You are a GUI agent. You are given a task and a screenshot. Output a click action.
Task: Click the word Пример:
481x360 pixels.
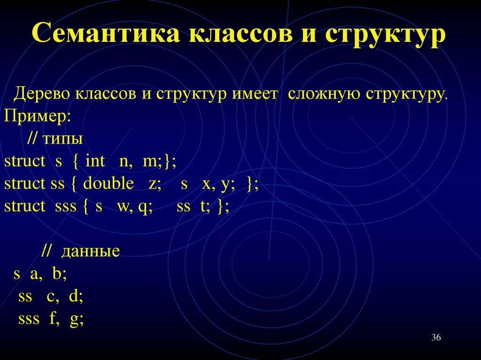click(37, 116)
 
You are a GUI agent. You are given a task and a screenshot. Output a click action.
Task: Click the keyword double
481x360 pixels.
click(109, 184)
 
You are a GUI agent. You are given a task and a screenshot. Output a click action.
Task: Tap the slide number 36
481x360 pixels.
click(436, 338)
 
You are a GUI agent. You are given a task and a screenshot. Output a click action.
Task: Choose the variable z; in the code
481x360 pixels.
click(155, 184)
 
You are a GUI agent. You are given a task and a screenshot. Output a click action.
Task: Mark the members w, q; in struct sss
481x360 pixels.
click(135, 206)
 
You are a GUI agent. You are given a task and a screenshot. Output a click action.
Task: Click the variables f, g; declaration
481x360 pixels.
click(67, 319)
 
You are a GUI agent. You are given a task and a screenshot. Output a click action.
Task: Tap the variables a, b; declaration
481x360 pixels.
click(48, 274)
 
